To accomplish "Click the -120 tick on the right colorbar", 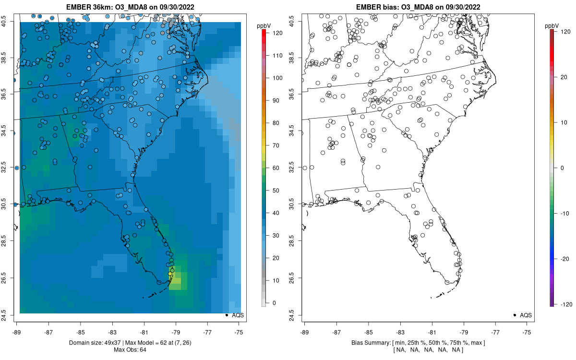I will pyautogui.click(x=565, y=304).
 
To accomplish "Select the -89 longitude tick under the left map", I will pyautogui.click(x=17, y=332).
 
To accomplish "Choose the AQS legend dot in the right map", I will pyautogui.click(x=515, y=315).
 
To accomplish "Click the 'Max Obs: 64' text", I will pyautogui.click(x=130, y=349).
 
